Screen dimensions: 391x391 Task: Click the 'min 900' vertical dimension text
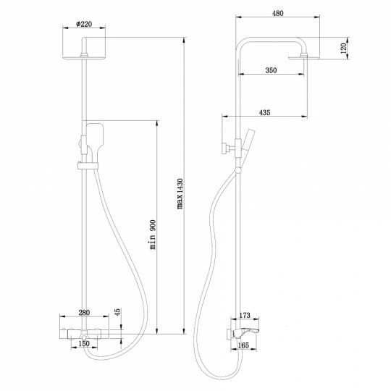pyautogui.click(x=153, y=235)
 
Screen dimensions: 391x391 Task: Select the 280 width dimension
pyautogui.click(x=85, y=313)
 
